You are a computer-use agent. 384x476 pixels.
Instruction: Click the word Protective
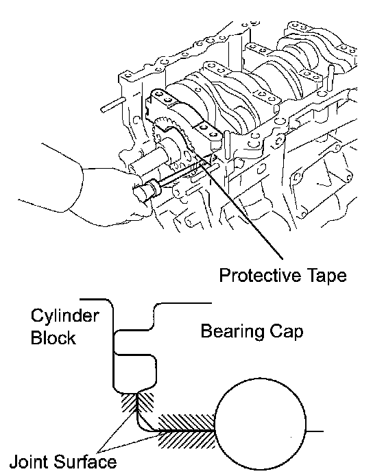(x=259, y=276)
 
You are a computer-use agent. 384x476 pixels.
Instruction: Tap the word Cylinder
(x=64, y=316)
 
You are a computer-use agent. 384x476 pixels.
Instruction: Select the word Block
(x=53, y=337)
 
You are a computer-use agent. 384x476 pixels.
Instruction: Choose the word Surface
(x=86, y=462)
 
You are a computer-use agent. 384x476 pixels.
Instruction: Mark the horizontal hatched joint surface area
(x=186, y=431)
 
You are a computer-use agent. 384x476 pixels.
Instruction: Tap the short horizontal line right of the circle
(x=315, y=431)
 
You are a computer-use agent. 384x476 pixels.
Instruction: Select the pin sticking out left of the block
(x=112, y=104)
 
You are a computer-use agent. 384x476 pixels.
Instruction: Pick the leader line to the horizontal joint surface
(x=130, y=442)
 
